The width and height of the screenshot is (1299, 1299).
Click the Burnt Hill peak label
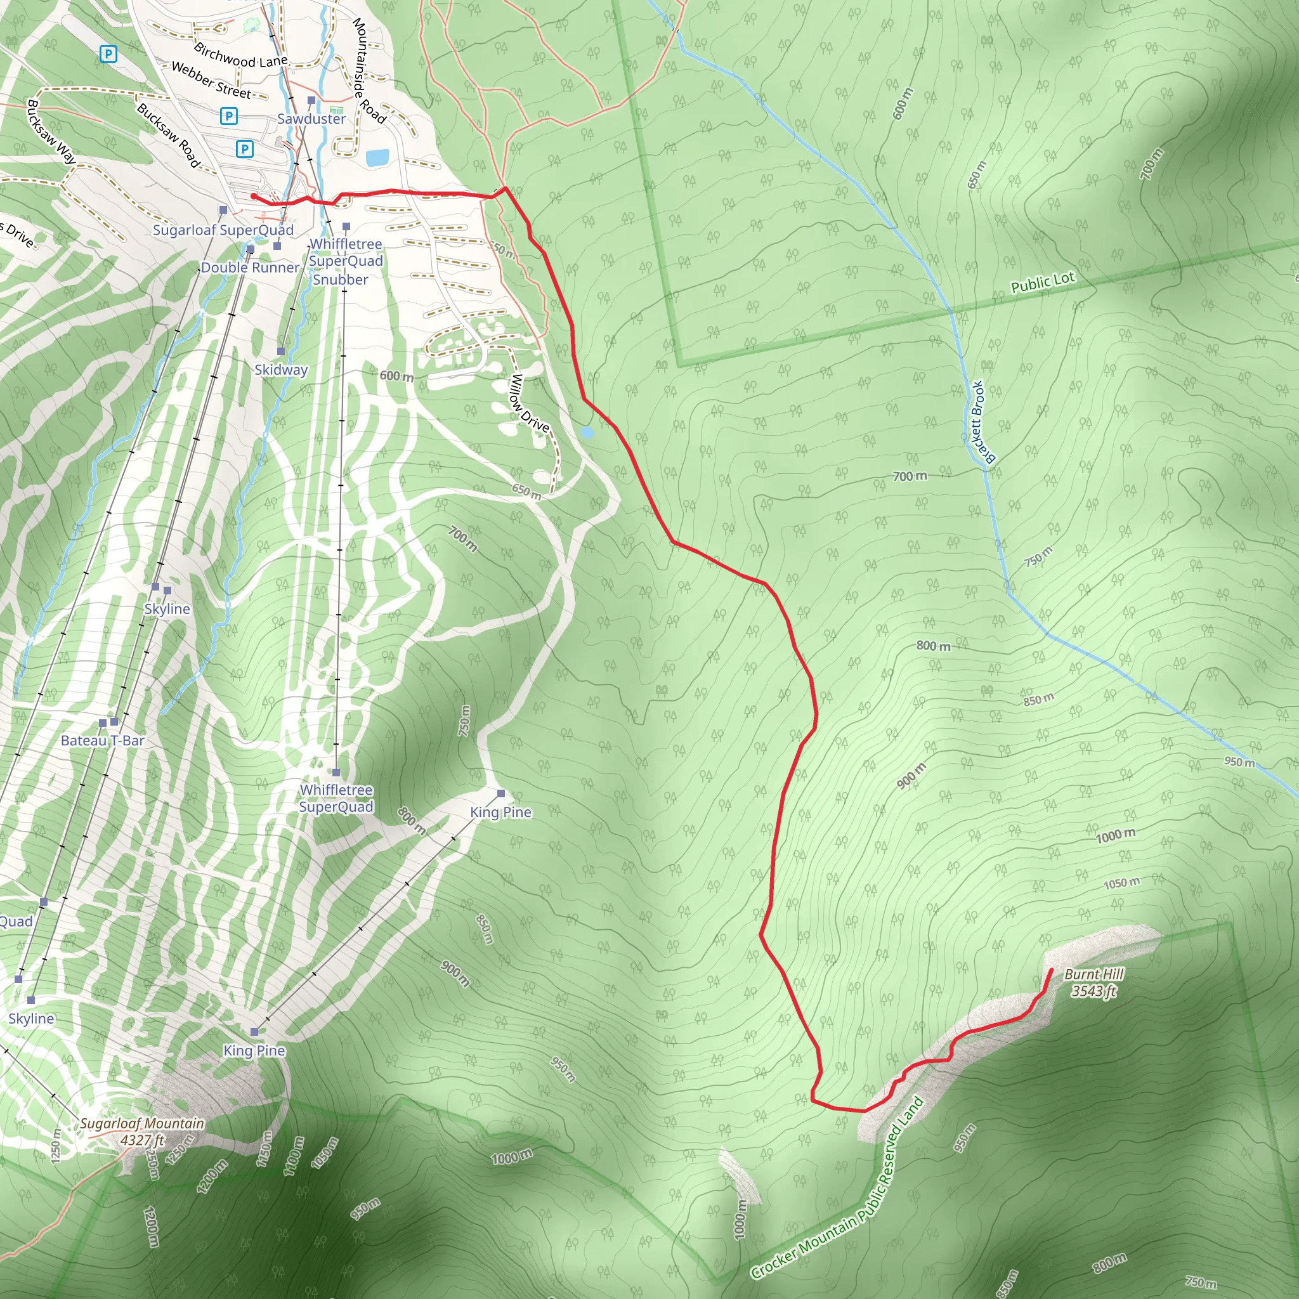click(1093, 974)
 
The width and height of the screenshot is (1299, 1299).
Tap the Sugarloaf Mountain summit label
click(142, 1123)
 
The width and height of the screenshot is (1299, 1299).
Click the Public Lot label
click(1042, 282)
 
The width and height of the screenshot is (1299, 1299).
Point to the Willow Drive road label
click(530, 403)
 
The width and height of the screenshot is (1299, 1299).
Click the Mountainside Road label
click(369, 70)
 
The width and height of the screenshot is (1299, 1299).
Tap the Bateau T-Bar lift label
click(102, 740)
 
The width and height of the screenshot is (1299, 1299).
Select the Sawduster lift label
click(311, 119)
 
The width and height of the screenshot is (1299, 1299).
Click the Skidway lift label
click(280, 370)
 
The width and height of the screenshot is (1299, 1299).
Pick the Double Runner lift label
click(249, 268)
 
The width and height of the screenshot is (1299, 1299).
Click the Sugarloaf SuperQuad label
click(223, 230)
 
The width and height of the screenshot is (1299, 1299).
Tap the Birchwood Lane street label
click(240, 56)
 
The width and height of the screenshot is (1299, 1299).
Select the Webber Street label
click(211, 80)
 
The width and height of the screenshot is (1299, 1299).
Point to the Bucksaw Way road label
click(51, 132)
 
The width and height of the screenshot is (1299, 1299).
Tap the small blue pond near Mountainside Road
click(377, 158)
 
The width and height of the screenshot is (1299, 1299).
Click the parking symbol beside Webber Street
click(228, 116)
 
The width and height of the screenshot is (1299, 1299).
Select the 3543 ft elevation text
click(1093, 991)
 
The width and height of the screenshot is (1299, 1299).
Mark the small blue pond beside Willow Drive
click(587, 433)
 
